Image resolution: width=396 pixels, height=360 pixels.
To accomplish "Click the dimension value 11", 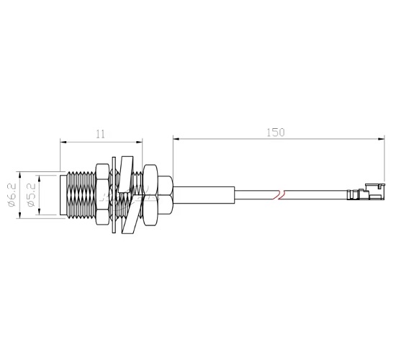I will [100, 133].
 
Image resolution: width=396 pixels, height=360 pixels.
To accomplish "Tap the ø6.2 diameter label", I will [12, 194].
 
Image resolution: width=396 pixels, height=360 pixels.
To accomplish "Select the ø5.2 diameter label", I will [31, 194].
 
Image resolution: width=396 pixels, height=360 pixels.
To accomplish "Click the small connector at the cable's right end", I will [365, 193].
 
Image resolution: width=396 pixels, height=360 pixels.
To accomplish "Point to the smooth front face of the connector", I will [61, 194].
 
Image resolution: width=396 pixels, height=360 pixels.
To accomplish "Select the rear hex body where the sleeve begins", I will [165, 194].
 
